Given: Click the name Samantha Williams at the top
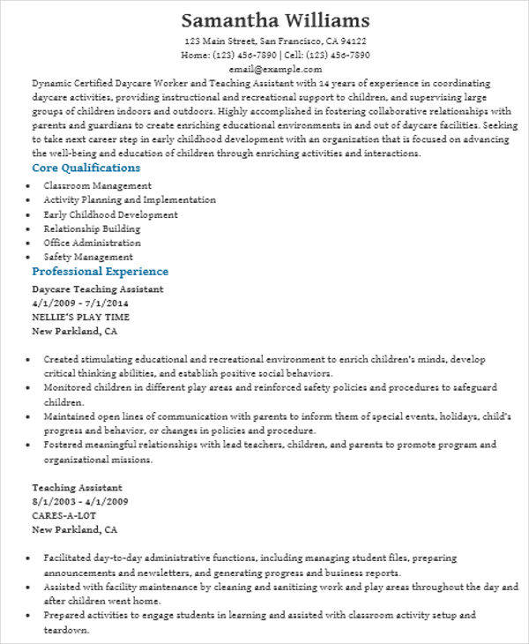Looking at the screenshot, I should click(275, 20).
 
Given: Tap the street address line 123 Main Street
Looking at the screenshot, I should click(275, 41).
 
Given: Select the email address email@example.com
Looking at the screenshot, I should click(275, 68).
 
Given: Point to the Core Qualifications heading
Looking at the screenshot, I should click(86, 168).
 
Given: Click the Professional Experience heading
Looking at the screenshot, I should click(100, 272).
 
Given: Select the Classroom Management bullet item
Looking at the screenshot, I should click(97, 186).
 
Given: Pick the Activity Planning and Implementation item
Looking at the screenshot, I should click(130, 200).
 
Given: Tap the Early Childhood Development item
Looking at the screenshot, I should click(110, 214).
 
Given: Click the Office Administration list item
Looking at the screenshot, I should click(92, 243).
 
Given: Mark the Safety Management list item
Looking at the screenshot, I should click(88, 257).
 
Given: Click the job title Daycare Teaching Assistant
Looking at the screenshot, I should click(97, 289).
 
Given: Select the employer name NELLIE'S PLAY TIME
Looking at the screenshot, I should click(80, 318).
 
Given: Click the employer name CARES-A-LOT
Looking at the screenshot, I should click(65, 515).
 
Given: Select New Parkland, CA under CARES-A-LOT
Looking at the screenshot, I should click(74, 530).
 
